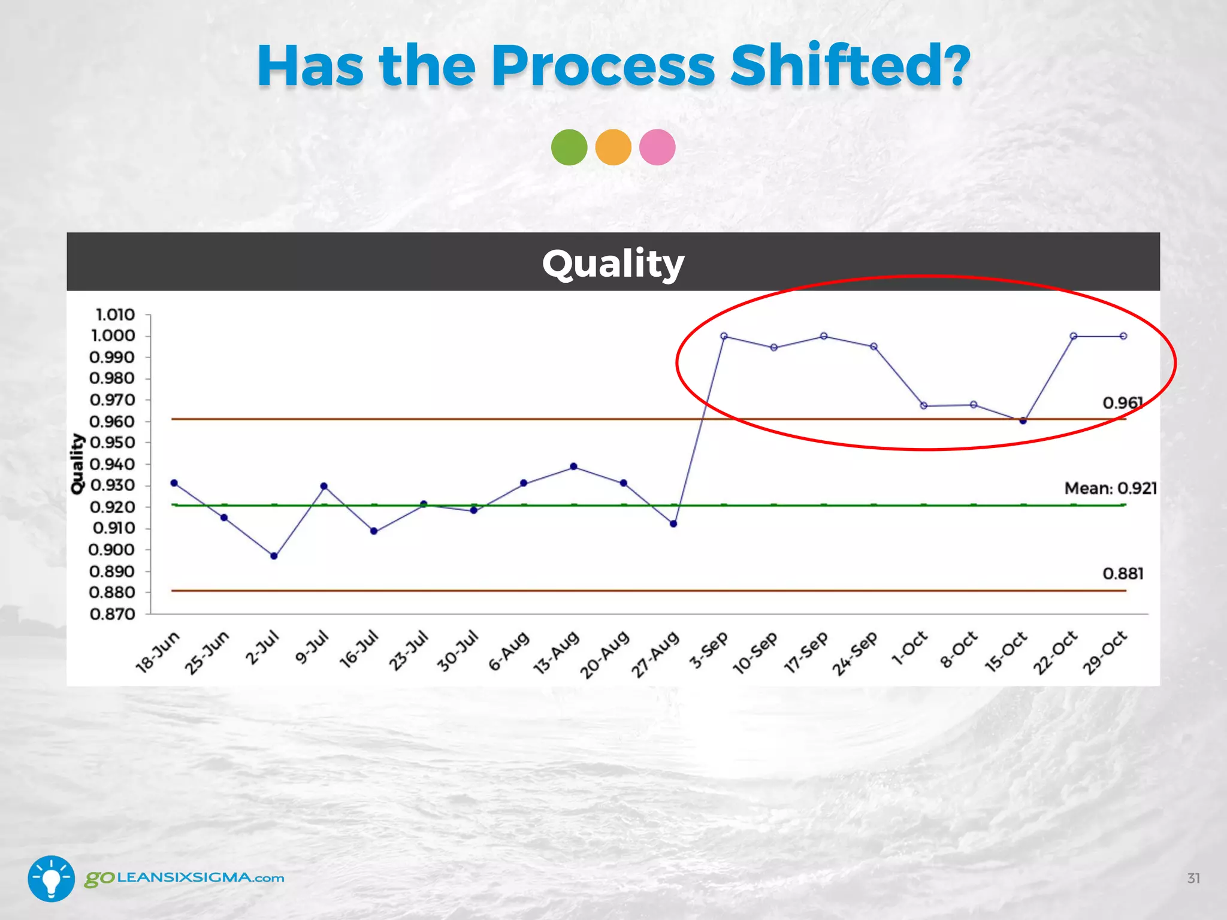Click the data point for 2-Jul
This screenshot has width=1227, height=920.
pyautogui.click(x=274, y=556)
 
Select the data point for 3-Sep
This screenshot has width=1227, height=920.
pyautogui.click(x=724, y=336)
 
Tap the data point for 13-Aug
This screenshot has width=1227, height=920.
pyautogui.click(x=573, y=467)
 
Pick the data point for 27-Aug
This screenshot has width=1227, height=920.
pyautogui.click(x=673, y=524)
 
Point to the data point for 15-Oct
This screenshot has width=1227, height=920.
pyautogui.click(x=1023, y=420)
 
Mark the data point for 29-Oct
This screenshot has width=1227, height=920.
pyautogui.click(x=1123, y=336)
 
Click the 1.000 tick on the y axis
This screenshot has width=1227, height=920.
pyautogui.click(x=113, y=335)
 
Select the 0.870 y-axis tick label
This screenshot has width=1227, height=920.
pyautogui.click(x=113, y=614)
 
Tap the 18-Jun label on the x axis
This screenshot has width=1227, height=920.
pyautogui.click(x=158, y=652)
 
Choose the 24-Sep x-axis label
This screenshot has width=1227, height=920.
pyautogui.click(x=855, y=653)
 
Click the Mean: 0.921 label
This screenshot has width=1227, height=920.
pyautogui.click(x=1110, y=489)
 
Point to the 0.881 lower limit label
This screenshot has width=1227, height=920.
pyautogui.click(x=1123, y=574)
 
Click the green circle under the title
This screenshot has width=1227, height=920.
pyautogui.click(x=569, y=147)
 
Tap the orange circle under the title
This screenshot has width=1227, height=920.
pyautogui.click(x=613, y=147)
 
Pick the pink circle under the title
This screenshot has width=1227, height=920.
pyautogui.click(x=657, y=147)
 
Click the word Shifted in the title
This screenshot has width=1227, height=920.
pyautogui.click(x=850, y=65)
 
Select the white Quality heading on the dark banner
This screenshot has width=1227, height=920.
pyautogui.click(x=613, y=263)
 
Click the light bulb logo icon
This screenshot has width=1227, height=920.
pyautogui.click(x=52, y=878)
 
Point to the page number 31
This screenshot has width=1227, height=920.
pyautogui.click(x=1193, y=879)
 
